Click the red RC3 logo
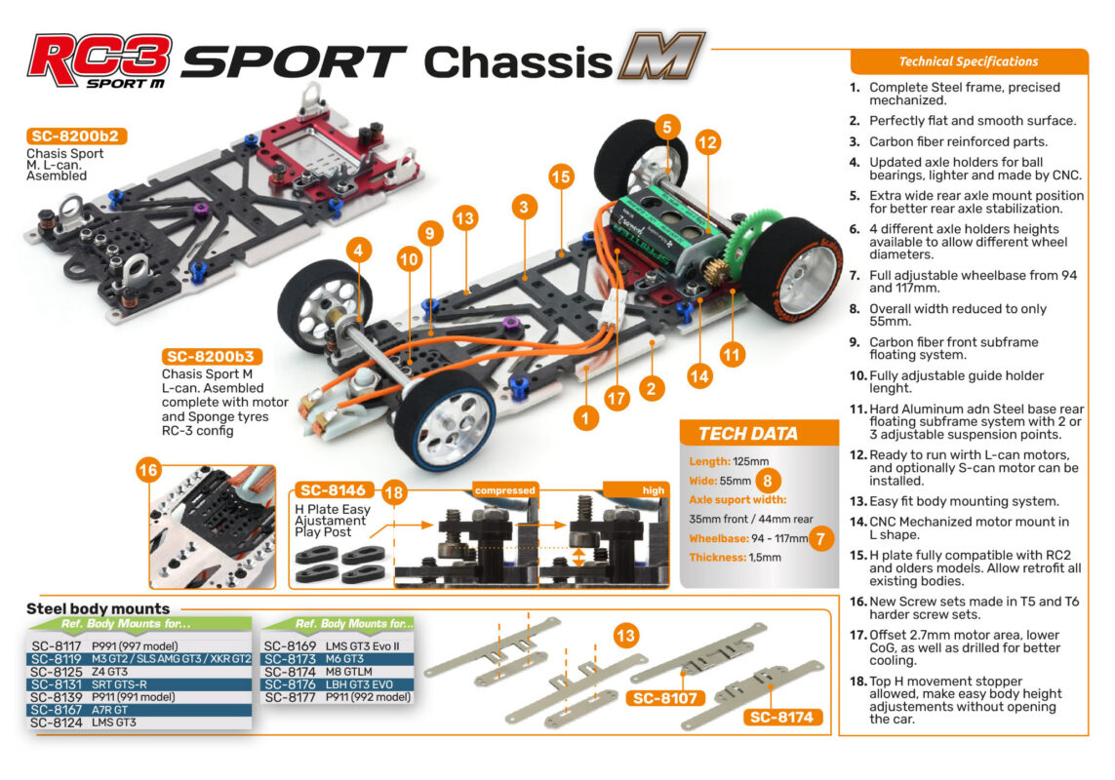point(100,60)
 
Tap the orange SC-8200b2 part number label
point(75,136)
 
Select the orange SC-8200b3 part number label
point(211,356)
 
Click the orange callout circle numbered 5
point(667,128)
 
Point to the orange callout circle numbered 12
point(707,142)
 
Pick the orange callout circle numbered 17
point(617,398)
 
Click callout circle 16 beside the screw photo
point(148,471)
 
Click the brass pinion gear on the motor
point(717,270)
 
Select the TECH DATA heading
point(748,434)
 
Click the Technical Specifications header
point(969,61)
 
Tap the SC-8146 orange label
point(333,489)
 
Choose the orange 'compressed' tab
point(505,489)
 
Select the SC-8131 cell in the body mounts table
point(57,684)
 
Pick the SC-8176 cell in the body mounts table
point(290,684)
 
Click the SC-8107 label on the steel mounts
point(665,698)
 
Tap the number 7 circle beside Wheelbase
point(820,538)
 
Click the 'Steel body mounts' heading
point(99,608)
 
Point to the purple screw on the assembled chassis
point(510,324)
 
